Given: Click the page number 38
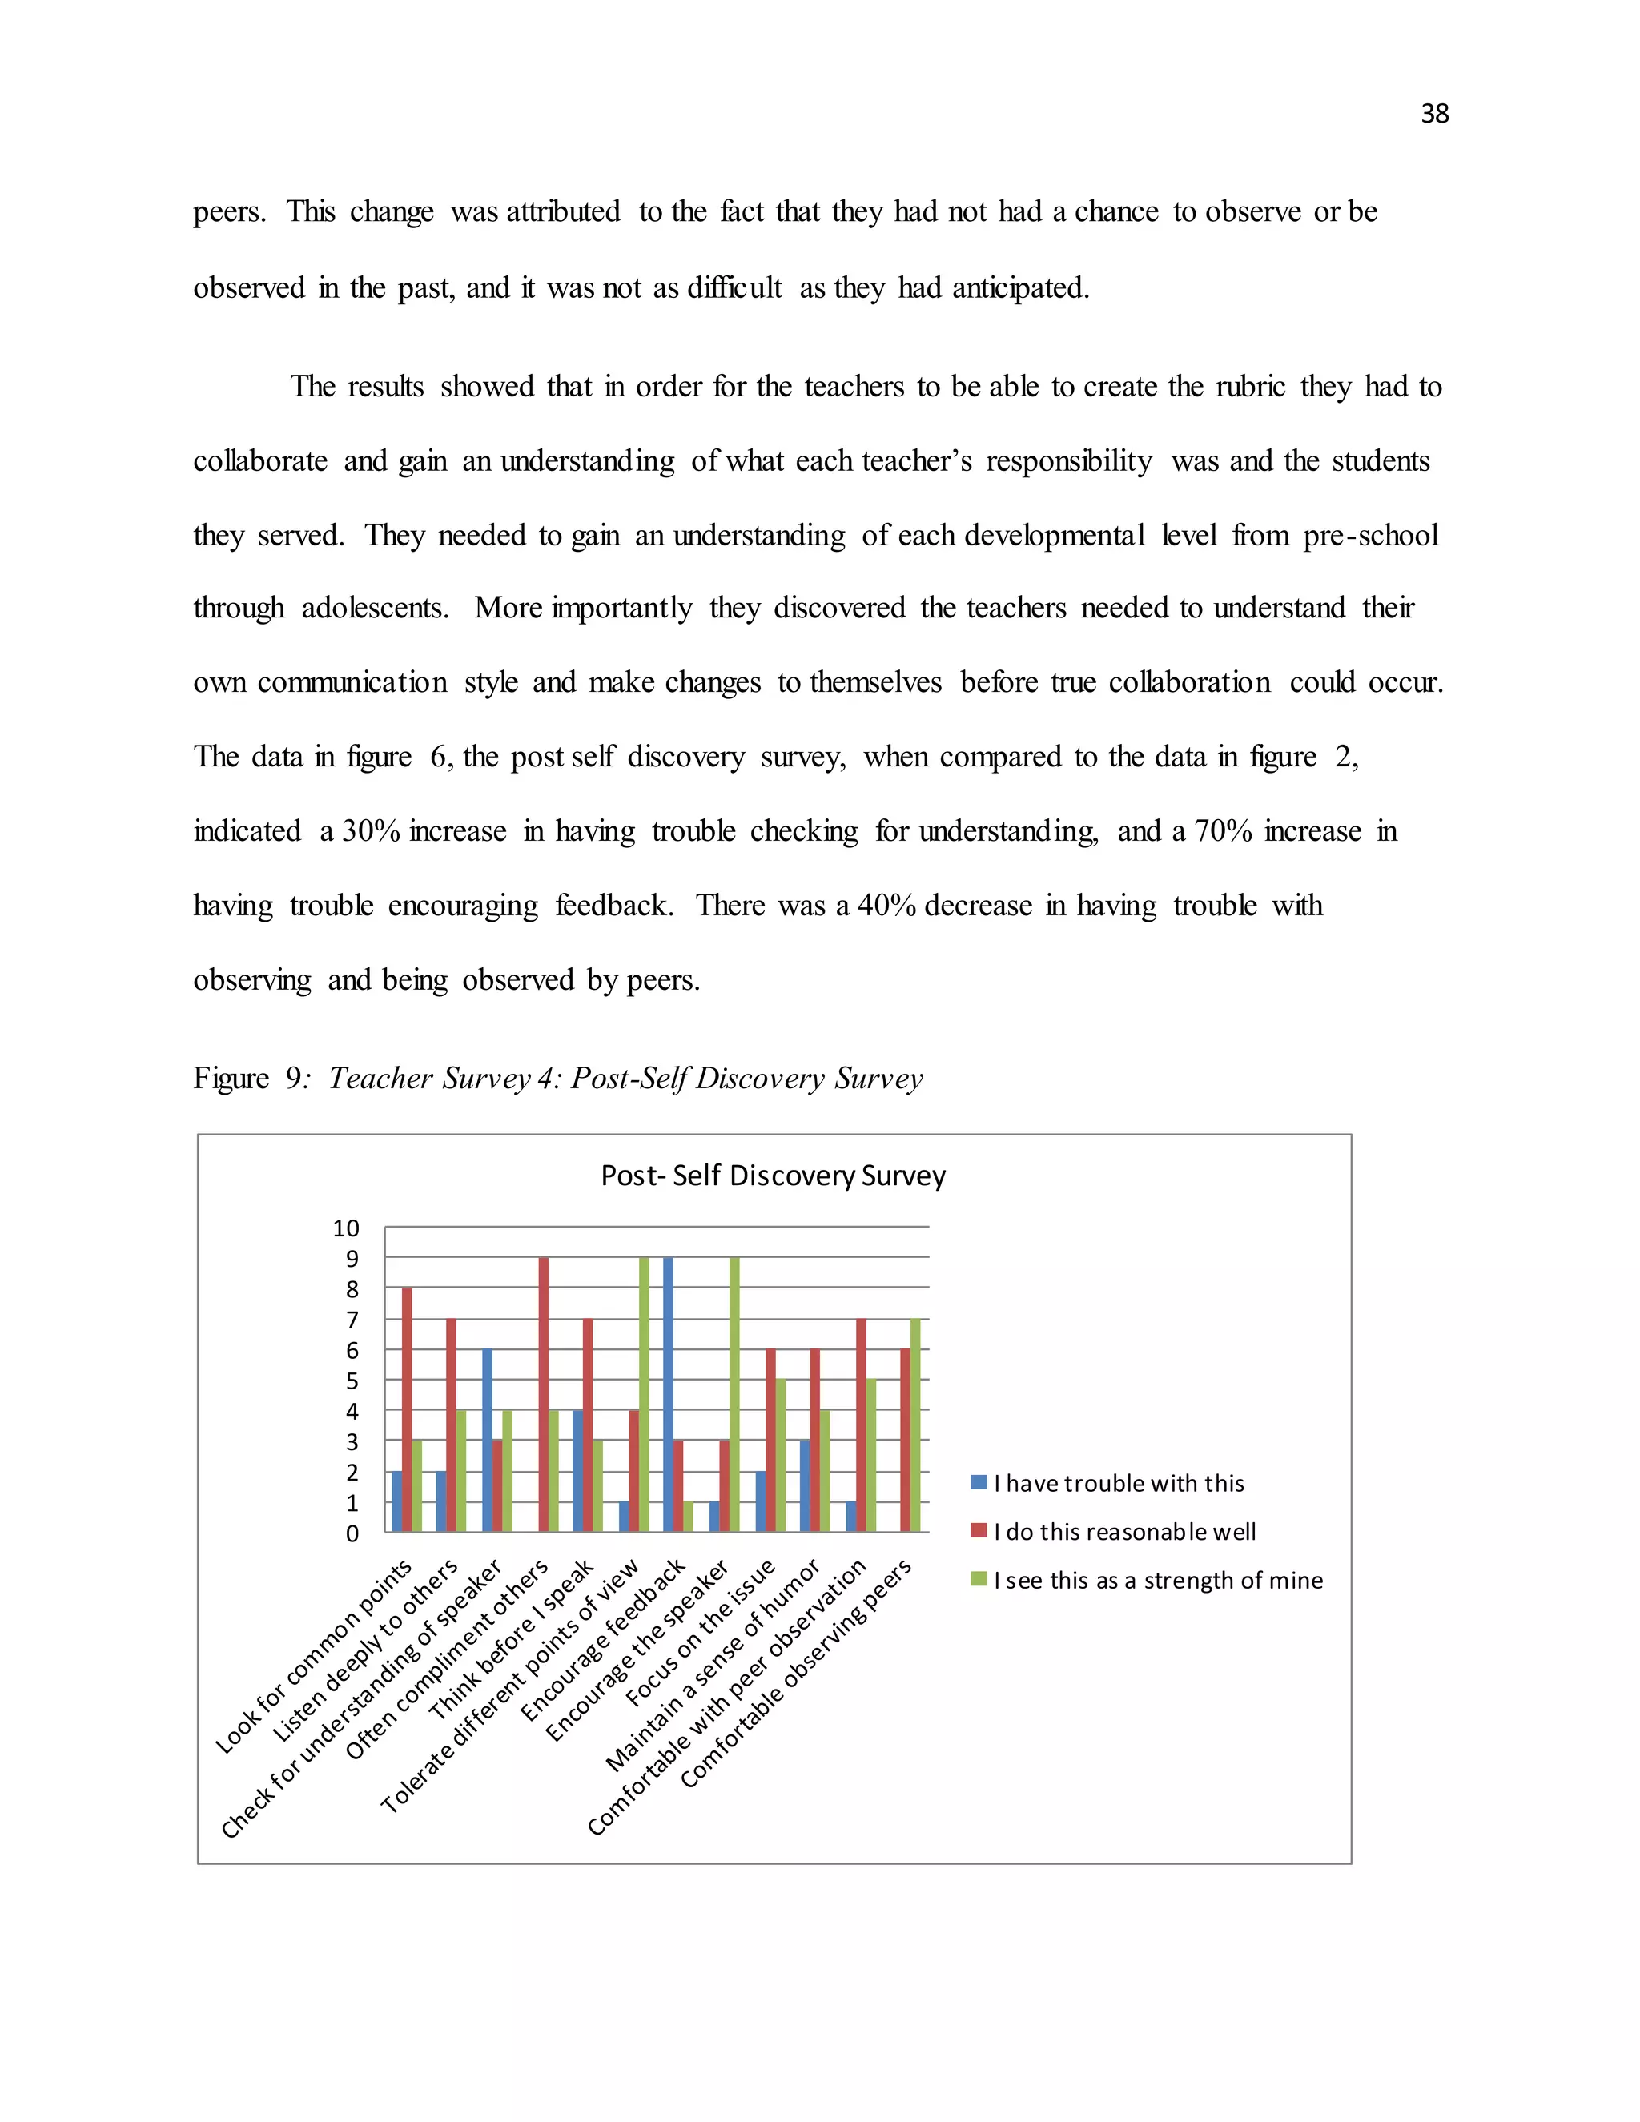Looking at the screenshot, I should [x=1434, y=114].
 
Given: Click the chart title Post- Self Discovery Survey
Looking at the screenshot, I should [x=773, y=1176].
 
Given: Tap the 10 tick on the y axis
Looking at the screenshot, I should [x=346, y=1228].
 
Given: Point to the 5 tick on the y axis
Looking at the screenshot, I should [x=352, y=1381].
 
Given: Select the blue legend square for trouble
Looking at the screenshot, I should [x=979, y=1483].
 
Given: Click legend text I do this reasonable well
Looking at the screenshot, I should [x=1124, y=1532].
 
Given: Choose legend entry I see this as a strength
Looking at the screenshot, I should [x=1157, y=1581].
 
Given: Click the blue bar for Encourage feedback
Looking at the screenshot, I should [x=669, y=1394].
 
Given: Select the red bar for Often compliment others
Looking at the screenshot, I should [x=543, y=1394].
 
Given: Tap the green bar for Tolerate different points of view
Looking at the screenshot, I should [x=644, y=1394].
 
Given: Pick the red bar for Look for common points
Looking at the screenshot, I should [x=407, y=1410].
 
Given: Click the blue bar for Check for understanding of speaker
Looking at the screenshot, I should [x=487, y=1440].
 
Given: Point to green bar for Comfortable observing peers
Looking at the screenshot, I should [x=914, y=1425].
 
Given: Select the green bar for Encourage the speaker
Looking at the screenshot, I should [x=734, y=1394].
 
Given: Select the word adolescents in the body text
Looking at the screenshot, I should [x=375, y=609].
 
